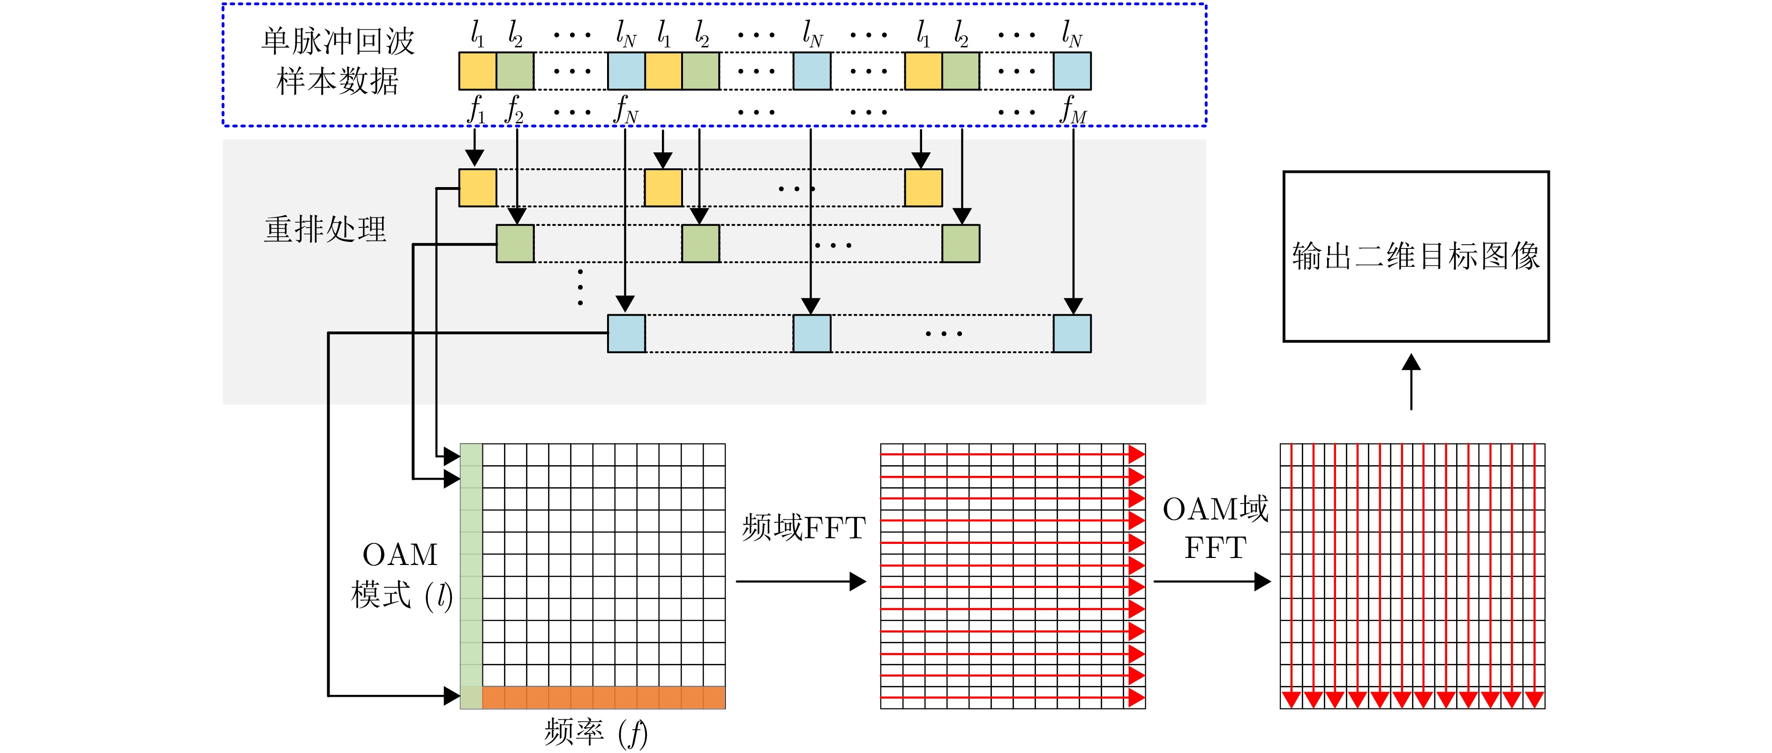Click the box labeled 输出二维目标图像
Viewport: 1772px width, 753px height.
click(1416, 256)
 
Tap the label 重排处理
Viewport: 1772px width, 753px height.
click(325, 229)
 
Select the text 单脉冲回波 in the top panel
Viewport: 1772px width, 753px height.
click(338, 41)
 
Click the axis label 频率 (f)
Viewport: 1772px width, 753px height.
click(595, 732)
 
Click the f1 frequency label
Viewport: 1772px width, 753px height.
click(476, 111)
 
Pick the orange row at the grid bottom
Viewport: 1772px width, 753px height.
click(603, 697)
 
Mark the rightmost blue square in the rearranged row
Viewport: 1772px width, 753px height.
click(1072, 334)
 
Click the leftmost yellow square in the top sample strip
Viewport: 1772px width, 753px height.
click(477, 71)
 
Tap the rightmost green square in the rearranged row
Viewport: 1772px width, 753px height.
click(960, 244)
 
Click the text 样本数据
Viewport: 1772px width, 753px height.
click(338, 81)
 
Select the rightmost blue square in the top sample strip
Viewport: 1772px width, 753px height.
click(1072, 71)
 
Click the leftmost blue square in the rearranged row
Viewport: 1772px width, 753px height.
click(626, 334)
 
